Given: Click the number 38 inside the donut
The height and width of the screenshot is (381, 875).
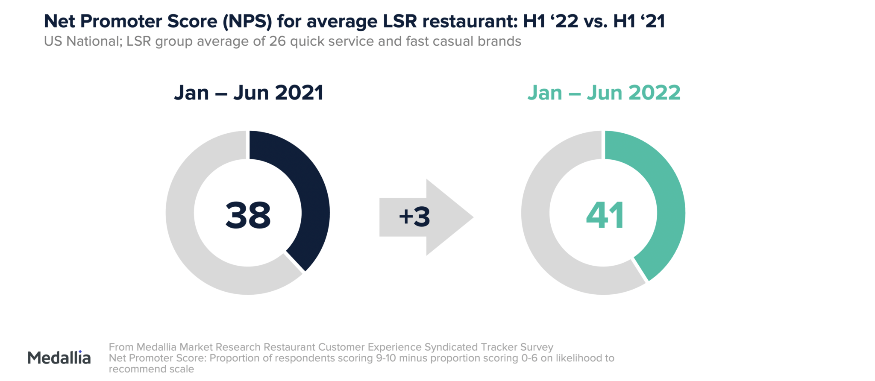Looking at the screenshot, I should click(x=248, y=215).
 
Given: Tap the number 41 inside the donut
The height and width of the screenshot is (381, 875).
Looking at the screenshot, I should click(x=605, y=215).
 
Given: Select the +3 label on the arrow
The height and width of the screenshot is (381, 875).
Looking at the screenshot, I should click(x=414, y=217).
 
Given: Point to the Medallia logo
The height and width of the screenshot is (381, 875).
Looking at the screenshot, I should click(x=59, y=358).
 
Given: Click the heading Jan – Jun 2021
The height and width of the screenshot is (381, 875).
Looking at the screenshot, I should click(x=249, y=93).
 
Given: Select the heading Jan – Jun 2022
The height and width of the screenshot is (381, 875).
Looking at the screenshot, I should click(x=604, y=93).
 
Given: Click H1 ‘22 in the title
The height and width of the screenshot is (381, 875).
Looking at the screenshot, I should click(x=551, y=21).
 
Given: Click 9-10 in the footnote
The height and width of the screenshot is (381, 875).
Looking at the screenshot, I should click(x=386, y=358).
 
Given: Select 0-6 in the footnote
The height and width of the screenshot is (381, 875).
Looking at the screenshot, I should click(x=529, y=358).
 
